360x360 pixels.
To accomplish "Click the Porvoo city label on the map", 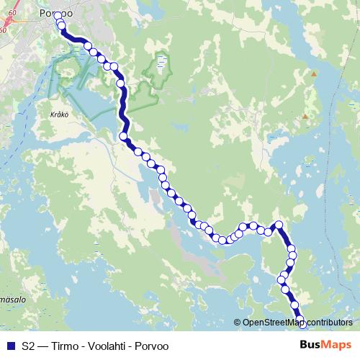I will [x=56, y=13].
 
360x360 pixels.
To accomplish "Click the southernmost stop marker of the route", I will [x=302, y=325].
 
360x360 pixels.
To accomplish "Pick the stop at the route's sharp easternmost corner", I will [x=279, y=224].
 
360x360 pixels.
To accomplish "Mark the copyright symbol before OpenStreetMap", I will [x=238, y=322].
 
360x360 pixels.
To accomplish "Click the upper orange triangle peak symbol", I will [x=314, y=73].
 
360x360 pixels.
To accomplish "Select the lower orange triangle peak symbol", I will [x=305, y=116].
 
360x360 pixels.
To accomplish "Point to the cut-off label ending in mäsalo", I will [x=12, y=297].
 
